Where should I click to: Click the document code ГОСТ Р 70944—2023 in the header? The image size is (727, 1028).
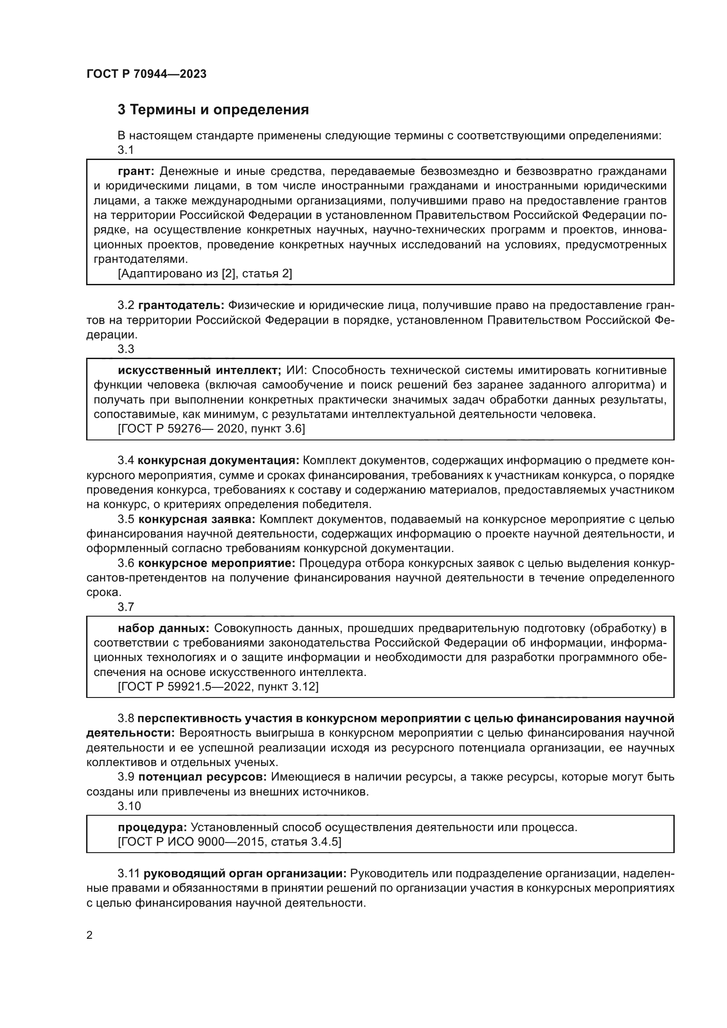[146, 74]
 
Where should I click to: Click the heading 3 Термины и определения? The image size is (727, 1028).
[213, 110]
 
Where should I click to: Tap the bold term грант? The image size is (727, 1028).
[136, 171]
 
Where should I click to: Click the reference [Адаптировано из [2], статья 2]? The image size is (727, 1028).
[204, 273]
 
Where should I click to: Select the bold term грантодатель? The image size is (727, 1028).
[181, 305]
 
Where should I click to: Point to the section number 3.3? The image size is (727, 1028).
[126, 349]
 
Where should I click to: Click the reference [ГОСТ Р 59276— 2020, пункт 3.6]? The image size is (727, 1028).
[211, 429]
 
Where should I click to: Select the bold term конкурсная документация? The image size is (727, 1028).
[218, 460]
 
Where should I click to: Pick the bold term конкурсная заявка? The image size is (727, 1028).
[196, 519]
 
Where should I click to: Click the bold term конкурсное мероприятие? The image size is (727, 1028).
[216, 563]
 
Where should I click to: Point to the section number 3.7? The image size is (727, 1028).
[126, 607]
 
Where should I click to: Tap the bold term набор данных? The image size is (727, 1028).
[164, 628]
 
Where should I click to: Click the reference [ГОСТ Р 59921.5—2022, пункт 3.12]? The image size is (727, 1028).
[218, 687]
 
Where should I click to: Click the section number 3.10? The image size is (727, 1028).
[129, 806]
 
